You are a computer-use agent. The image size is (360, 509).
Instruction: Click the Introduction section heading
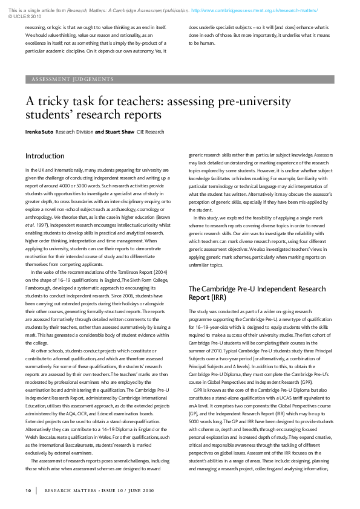(x=45, y=156)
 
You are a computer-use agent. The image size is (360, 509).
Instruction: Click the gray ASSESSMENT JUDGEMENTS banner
(x=180, y=79)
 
